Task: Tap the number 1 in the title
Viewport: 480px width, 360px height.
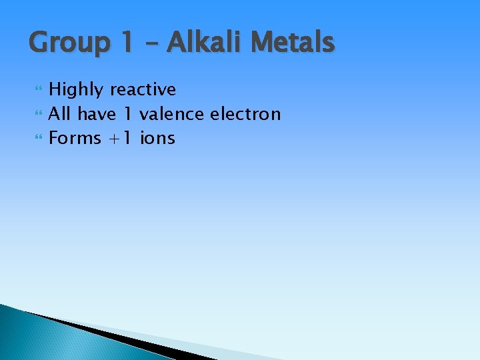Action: click(129, 43)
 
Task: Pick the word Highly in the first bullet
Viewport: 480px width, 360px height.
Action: click(77, 90)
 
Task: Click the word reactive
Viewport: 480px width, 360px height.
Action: click(143, 90)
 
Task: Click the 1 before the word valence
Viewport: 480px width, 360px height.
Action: click(129, 114)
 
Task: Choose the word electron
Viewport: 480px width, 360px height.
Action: click(245, 114)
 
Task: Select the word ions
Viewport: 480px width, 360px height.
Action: click(158, 139)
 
